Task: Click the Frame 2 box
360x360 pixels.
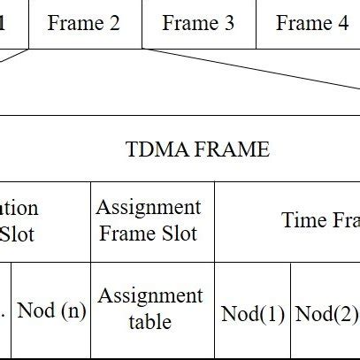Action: click(84, 24)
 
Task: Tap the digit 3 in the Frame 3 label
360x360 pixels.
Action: click(229, 24)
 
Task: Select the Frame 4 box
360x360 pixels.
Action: click(310, 24)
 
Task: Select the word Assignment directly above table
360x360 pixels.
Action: click(150, 296)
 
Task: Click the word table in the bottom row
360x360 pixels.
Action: click(150, 322)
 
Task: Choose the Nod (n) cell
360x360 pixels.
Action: click(52, 310)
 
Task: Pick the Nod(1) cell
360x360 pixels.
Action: click(253, 314)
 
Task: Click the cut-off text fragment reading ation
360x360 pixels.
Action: click(19, 209)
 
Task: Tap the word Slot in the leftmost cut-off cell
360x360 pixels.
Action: click(17, 234)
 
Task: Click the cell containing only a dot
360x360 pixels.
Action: click(4, 310)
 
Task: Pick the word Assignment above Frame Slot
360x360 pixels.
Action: click(149, 208)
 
